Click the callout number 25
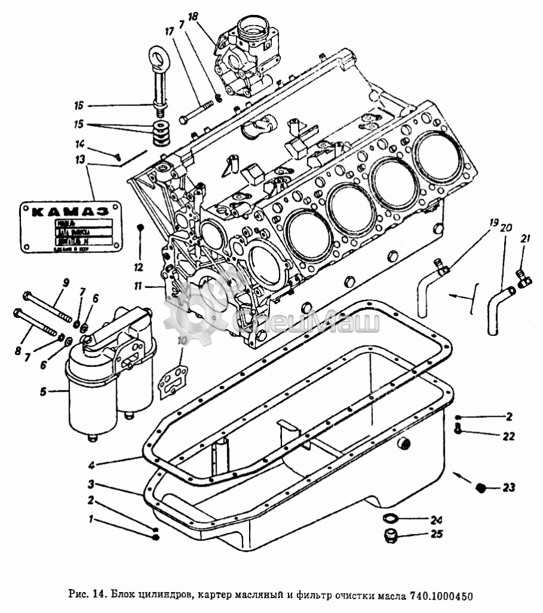pos(436,534)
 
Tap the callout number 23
pos(508,488)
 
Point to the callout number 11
pos(138,286)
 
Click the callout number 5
pos(43,392)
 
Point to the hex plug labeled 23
pos(479,488)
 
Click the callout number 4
pos(91,464)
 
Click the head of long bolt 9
pos(27,295)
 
